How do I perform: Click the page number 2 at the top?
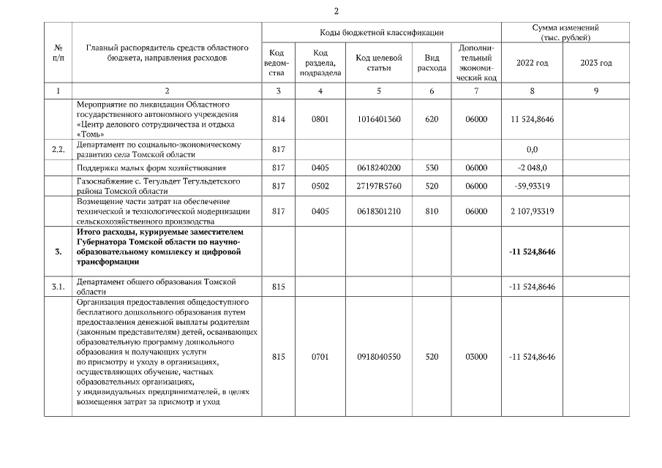(336, 11)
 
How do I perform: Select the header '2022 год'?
(532, 63)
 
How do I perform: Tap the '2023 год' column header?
(595, 63)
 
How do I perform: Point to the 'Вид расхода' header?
(432, 63)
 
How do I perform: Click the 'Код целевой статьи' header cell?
(378, 63)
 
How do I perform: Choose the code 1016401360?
(378, 119)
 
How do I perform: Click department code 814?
(277, 119)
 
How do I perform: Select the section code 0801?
(320, 119)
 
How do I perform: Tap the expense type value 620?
(432, 119)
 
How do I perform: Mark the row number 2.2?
(59, 149)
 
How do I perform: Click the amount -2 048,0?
(532, 167)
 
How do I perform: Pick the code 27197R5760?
(378, 186)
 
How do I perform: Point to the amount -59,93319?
(532, 186)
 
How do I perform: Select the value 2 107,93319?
(532, 211)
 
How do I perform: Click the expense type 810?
(432, 211)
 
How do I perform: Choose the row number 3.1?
(59, 287)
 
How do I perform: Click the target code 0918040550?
(378, 357)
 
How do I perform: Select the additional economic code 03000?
(476, 357)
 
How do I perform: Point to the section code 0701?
(320, 357)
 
